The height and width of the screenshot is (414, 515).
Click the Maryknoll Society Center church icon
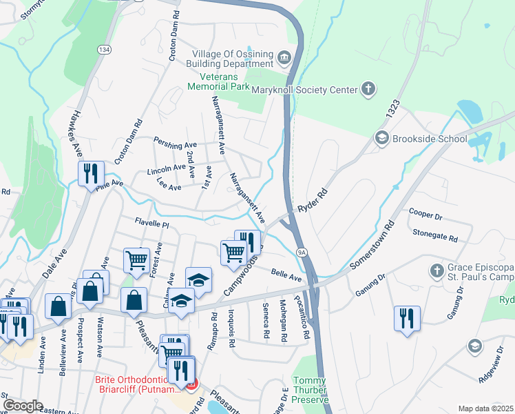point(368,89)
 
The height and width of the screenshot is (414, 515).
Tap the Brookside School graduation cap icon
point(381,139)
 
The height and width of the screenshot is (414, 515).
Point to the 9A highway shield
point(302,253)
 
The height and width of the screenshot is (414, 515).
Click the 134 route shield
point(104,50)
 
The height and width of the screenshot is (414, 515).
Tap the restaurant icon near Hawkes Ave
point(91,174)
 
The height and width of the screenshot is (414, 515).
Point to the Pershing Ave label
point(176,146)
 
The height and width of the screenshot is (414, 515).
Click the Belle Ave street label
point(286,275)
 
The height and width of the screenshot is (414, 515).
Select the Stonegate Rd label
point(435,236)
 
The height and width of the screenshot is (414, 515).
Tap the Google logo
point(23,406)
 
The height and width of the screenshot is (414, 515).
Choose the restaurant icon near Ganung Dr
point(407,319)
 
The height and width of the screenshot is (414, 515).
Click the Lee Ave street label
point(169,186)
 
